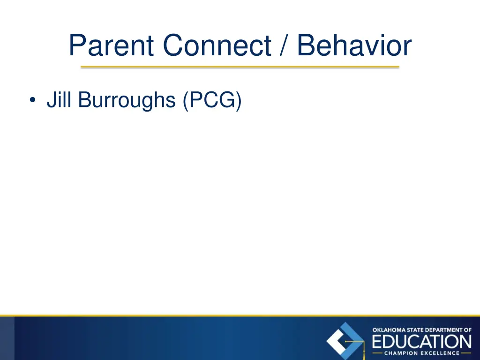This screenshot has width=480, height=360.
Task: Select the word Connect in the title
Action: pos(217,46)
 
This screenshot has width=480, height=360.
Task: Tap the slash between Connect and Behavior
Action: pos(285,46)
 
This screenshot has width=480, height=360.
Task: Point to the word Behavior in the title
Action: pos(354,46)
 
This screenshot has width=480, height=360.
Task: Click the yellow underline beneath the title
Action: pos(240,67)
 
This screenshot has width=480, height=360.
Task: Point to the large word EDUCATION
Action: pos(422,341)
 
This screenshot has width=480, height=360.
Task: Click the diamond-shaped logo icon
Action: pos(345,341)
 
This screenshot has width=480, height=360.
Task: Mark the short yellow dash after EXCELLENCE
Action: pos(466,353)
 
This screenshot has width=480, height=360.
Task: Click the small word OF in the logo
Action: pos(467,330)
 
